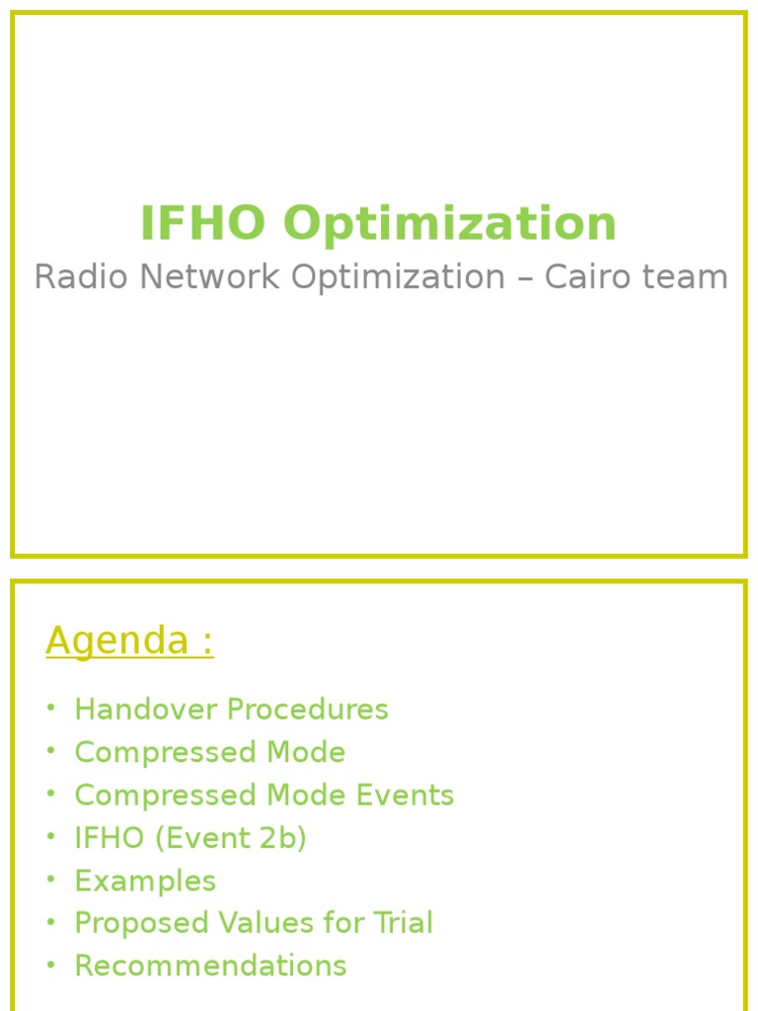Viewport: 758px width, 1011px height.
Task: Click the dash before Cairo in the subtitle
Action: tap(524, 278)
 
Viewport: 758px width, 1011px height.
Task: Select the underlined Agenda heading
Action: tap(129, 642)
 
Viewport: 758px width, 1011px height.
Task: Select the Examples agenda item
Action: tap(145, 881)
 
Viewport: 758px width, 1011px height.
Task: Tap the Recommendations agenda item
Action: tap(210, 966)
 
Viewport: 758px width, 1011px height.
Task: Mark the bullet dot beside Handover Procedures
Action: tap(50, 708)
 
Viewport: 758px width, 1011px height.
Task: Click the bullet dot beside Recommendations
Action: tap(50, 964)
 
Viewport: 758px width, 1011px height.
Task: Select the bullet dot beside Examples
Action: tap(50, 879)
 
